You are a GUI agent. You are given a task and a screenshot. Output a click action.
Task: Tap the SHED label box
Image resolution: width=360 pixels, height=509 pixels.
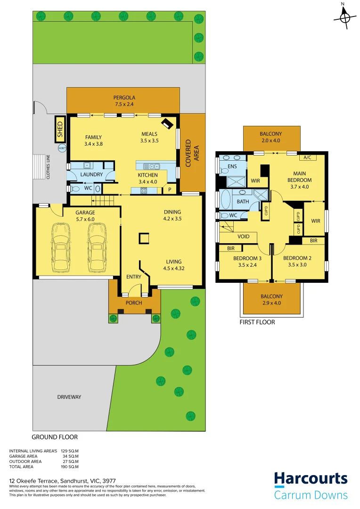(x=60, y=129)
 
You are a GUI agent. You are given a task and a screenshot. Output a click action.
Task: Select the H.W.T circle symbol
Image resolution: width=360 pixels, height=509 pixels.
(x=62, y=148)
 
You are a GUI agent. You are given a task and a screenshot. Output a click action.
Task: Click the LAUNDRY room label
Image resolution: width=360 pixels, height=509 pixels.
(x=91, y=174)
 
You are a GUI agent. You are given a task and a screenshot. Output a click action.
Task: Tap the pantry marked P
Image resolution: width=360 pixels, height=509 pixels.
(x=170, y=189)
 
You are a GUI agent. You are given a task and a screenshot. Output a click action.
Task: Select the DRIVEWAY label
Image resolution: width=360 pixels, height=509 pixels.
(x=69, y=397)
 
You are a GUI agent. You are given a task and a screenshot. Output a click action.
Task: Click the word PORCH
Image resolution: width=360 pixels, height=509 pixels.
(x=134, y=303)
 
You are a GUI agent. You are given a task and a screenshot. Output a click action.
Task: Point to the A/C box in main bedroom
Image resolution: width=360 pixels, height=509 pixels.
(x=308, y=157)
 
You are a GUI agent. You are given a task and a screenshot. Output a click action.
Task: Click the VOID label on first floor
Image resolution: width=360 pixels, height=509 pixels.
(x=244, y=237)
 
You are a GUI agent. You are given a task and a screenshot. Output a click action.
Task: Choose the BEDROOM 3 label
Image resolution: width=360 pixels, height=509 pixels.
(x=247, y=258)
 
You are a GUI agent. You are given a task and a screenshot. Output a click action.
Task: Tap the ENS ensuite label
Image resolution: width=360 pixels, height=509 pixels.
(x=232, y=166)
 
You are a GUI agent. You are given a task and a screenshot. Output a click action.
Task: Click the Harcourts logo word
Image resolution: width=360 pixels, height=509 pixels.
(x=311, y=479)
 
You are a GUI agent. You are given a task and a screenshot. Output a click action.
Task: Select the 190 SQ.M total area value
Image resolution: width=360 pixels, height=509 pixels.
(x=69, y=467)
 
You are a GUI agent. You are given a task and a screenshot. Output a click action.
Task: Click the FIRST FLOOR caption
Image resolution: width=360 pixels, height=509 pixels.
(x=257, y=322)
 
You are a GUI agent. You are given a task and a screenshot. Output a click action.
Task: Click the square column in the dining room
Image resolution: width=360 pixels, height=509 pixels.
(x=143, y=239)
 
